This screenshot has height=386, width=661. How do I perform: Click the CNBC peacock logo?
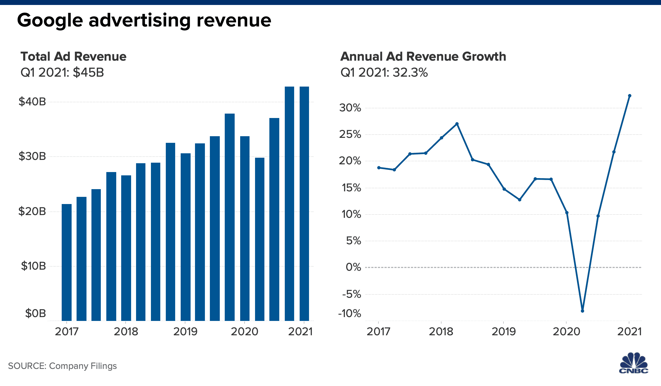(634, 363)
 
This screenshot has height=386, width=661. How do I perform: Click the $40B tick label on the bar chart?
(32, 102)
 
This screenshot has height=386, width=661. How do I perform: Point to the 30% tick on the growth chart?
(350, 108)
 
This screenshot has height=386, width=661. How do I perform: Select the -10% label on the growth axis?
(350, 313)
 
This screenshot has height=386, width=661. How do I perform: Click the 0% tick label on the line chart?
(353, 267)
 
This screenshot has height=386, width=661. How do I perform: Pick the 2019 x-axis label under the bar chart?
(185, 332)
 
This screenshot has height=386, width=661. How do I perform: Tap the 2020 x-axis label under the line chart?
(566, 332)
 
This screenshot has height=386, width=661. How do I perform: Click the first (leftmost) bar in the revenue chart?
(67, 262)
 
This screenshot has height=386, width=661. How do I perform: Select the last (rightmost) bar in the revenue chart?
(304, 204)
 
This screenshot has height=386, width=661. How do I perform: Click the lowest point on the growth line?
(583, 311)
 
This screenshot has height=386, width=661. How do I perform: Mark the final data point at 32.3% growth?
(630, 96)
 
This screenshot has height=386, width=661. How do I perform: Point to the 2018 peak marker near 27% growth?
(457, 124)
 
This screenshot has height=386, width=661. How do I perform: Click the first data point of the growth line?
(379, 168)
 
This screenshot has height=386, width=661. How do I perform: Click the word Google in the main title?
(50, 21)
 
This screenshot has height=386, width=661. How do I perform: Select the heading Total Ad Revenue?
(74, 57)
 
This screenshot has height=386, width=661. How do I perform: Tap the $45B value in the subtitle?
(88, 73)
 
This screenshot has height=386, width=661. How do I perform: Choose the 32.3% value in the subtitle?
(410, 73)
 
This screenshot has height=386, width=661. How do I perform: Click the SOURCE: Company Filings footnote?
(63, 366)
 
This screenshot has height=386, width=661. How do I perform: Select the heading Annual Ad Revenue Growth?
(423, 57)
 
